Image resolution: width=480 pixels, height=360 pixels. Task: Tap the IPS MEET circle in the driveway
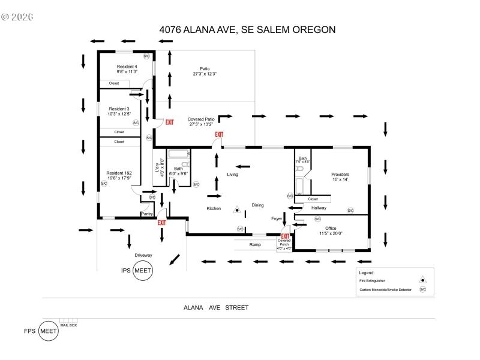pos(143,271)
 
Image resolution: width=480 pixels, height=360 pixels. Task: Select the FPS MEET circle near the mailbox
pos(48,331)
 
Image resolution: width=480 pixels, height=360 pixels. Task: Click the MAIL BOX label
pos(68,325)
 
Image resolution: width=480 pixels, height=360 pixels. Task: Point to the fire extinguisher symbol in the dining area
pos(237,209)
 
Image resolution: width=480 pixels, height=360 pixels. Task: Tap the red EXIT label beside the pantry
pos(161,223)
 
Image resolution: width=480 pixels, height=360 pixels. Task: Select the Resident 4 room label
pos(127,67)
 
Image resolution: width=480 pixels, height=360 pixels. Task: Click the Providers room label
pos(340,175)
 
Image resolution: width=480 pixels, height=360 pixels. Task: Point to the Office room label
pos(330,228)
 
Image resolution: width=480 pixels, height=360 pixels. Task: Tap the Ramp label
pos(255,245)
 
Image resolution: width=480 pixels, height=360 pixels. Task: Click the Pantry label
pos(147,214)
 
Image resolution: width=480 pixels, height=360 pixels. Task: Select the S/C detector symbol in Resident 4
pos(146,56)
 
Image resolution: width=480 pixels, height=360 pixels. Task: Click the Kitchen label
pos(214,208)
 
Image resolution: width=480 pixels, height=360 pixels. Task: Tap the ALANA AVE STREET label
pos(216,307)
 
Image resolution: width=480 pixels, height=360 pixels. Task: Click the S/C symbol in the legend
pos(422,289)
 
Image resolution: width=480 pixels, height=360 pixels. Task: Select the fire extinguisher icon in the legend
pos(422,280)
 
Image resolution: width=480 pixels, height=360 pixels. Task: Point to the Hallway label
pos(319,208)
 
